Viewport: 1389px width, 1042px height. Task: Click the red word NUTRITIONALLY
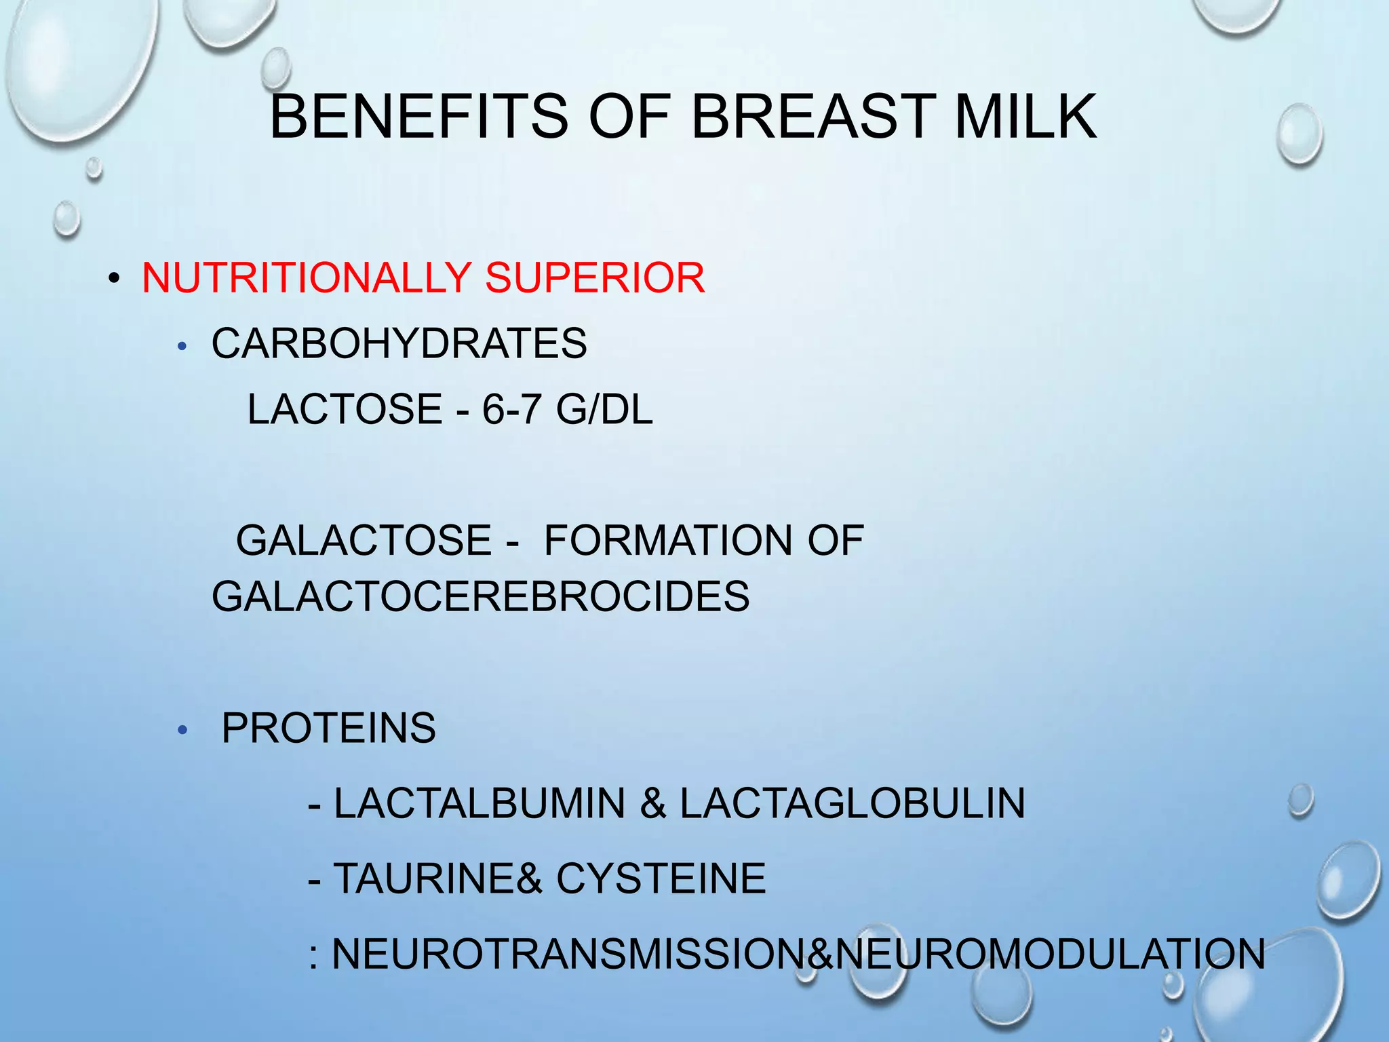pos(306,277)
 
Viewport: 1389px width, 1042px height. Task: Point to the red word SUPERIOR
pos(595,277)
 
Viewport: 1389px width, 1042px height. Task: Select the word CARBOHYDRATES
pos(399,343)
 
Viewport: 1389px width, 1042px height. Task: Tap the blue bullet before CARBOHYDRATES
pos(181,347)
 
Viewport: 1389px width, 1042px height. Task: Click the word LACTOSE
pos(345,409)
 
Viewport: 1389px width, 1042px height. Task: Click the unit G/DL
pos(604,409)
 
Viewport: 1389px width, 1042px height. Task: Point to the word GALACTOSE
pos(364,541)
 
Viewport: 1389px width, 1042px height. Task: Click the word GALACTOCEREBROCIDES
pos(480,596)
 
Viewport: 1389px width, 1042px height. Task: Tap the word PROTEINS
pos(328,728)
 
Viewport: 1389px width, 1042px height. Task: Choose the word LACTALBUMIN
pos(480,803)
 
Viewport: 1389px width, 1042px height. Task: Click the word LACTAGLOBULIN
pos(852,803)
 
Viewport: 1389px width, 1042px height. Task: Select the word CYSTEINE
pos(661,879)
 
